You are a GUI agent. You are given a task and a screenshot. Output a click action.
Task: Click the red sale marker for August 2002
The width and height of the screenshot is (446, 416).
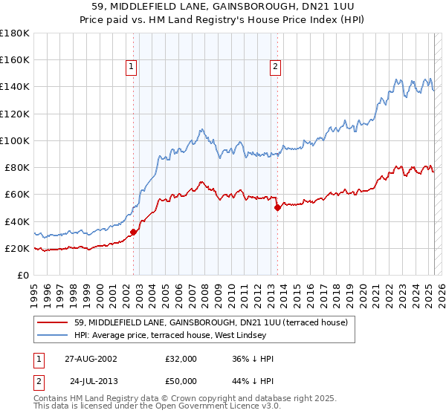tap(134, 232)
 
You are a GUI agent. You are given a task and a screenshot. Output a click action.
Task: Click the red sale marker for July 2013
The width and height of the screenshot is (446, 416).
tap(277, 208)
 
